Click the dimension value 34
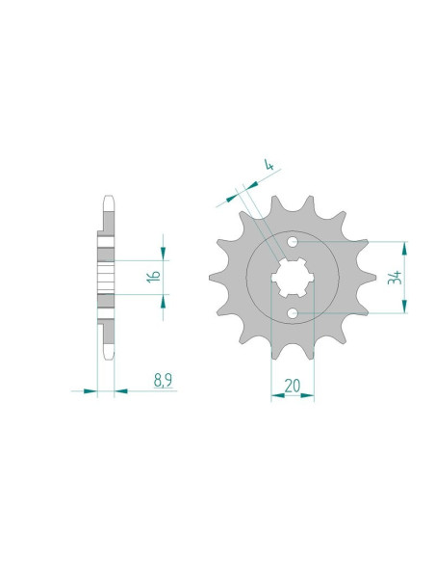pyautogui.click(x=395, y=278)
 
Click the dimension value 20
pyautogui.click(x=293, y=386)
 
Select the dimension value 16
pyautogui.click(x=154, y=276)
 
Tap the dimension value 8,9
pyautogui.click(x=163, y=381)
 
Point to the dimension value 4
pyautogui.click(x=269, y=165)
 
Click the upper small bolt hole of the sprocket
pyautogui.click(x=293, y=241)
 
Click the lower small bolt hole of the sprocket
pyautogui.click(x=293, y=313)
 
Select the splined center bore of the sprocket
pyautogui.click(x=293, y=278)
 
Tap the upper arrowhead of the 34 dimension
pyautogui.click(x=404, y=249)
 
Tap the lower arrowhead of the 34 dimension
pyautogui.click(x=404, y=307)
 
